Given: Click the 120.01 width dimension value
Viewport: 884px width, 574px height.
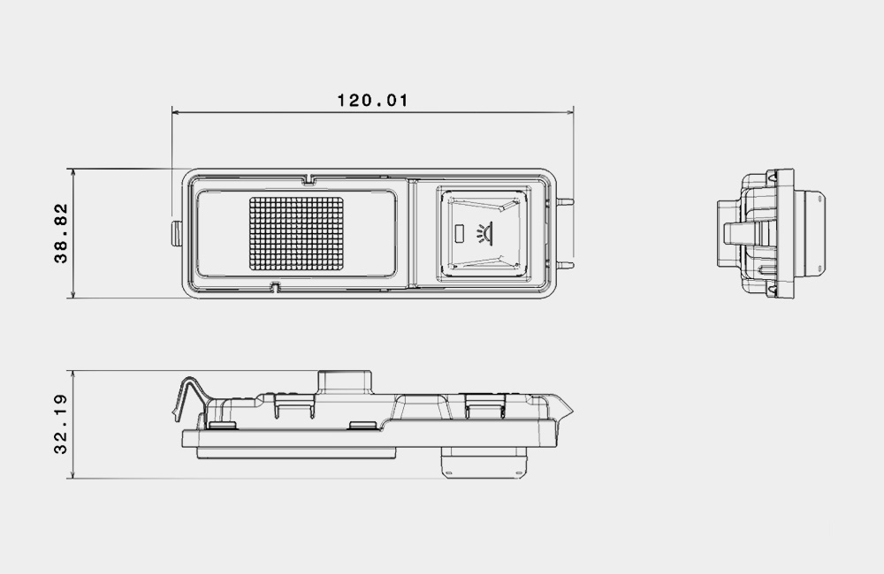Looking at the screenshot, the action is click(x=372, y=101).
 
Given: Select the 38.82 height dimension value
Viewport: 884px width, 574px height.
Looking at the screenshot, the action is click(x=61, y=233).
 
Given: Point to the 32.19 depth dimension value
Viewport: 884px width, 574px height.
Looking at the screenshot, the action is click(x=61, y=424).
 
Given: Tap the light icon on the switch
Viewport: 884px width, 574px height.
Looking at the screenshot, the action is click(x=484, y=232).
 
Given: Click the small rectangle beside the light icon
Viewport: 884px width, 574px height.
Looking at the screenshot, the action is click(x=460, y=232).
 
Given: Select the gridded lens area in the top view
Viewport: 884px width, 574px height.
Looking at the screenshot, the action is click(x=296, y=232).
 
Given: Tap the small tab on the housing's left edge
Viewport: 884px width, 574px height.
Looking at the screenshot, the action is click(x=177, y=233).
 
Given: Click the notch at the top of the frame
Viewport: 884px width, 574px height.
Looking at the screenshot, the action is click(x=308, y=179).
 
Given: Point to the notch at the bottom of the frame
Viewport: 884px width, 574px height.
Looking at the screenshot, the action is click(x=275, y=287).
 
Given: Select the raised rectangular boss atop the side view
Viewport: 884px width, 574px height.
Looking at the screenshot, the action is click(x=345, y=381).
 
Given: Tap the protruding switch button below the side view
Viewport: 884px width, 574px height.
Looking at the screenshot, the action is click(x=484, y=463).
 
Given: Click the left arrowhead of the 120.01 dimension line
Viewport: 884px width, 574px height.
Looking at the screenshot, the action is click(x=176, y=113).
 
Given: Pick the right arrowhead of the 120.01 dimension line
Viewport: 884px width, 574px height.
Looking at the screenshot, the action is click(x=569, y=113).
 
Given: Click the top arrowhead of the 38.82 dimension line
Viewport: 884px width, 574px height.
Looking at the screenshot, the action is click(x=73, y=172).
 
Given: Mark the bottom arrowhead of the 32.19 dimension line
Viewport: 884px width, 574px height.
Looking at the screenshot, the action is click(x=73, y=474).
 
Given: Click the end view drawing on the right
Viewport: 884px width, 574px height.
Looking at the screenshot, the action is click(x=771, y=233).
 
